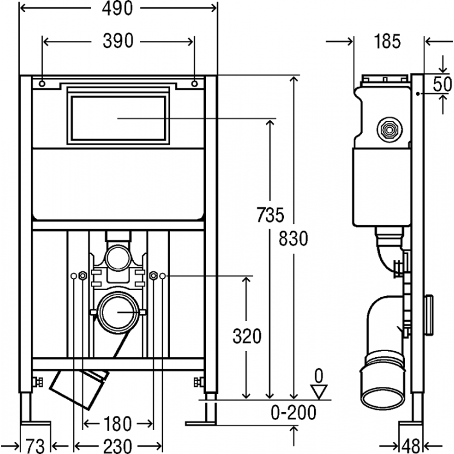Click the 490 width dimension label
tap(117, 8)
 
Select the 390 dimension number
tap(118, 41)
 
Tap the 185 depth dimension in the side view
tap(387, 41)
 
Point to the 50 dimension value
tap(442, 85)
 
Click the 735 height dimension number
tap(270, 215)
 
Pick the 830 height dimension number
tap(293, 239)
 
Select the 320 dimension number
tap(247, 337)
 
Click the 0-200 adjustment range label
tap(294, 413)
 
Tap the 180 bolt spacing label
tap(117, 424)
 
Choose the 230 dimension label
tap(117, 446)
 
